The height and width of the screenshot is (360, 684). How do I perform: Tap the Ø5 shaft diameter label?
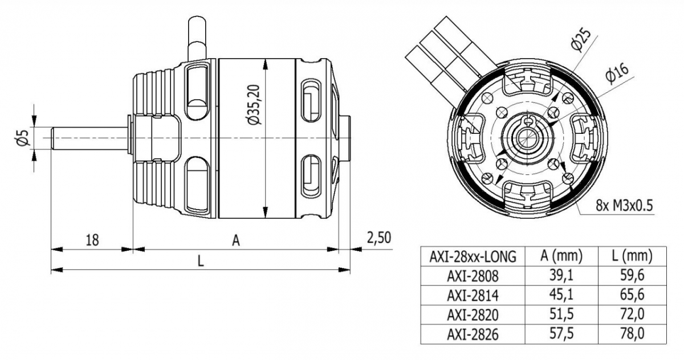[23, 138]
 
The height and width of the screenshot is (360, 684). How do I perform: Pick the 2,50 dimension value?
[377, 238]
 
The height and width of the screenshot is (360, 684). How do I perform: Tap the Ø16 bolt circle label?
[617, 74]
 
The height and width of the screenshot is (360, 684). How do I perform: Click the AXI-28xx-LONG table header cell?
[473, 256]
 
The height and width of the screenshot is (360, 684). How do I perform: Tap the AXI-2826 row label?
[473, 334]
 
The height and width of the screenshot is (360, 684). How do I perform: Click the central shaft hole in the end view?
[528, 138]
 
